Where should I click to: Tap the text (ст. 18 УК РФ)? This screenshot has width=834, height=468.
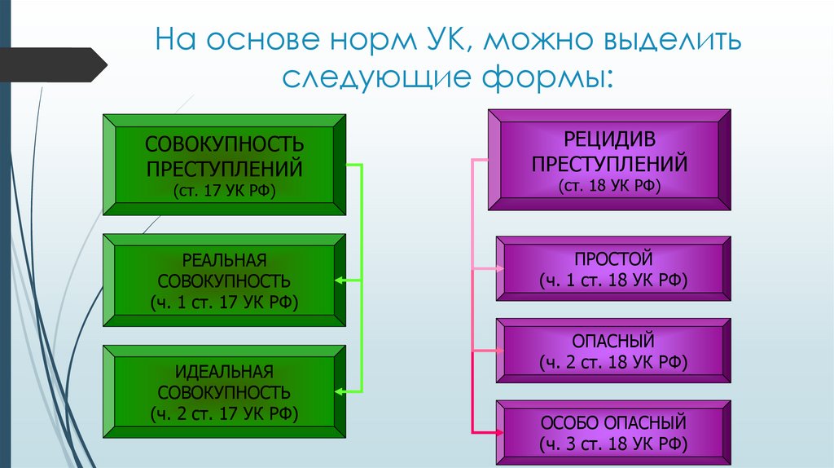click(x=610, y=186)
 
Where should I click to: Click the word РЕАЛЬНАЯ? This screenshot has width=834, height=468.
click(x=225, y=260)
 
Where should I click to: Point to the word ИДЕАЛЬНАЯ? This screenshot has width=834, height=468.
click(x=225, y=372)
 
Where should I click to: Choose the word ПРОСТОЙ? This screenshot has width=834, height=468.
click(x=613, y=260)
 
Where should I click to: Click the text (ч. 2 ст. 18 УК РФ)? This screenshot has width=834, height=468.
click(x=613, y=362)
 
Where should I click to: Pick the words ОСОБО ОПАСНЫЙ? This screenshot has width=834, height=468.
click(x=613, y=424)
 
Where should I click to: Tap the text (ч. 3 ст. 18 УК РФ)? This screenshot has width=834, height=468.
click(x=613, y=445)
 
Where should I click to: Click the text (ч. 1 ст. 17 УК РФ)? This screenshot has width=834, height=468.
click(x=225, y=302)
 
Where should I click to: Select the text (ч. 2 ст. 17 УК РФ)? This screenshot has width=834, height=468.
click(x=225, y=414)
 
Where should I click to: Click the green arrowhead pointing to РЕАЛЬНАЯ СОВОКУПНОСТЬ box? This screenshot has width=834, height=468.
click(x=340, y=280)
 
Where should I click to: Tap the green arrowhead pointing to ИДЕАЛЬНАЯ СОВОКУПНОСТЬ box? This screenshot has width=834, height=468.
click(x=340, y=392)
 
